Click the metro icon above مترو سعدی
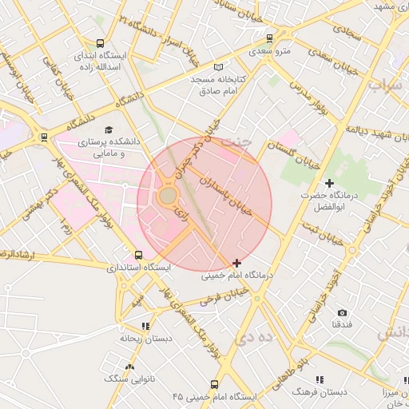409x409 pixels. tap(269, 38)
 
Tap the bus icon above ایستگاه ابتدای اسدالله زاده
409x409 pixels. tap(100, 44)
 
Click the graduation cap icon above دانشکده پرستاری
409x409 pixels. tap(109, 129)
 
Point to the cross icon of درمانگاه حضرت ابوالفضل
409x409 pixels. tap(329, 184)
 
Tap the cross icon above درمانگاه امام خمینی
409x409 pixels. tap(236, 262)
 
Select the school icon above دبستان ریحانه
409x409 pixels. tap(145, 326)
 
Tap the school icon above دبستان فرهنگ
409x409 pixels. tap(319, 379)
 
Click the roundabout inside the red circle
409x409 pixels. tap(168, 196)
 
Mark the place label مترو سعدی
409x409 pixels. tap(269, 52)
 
